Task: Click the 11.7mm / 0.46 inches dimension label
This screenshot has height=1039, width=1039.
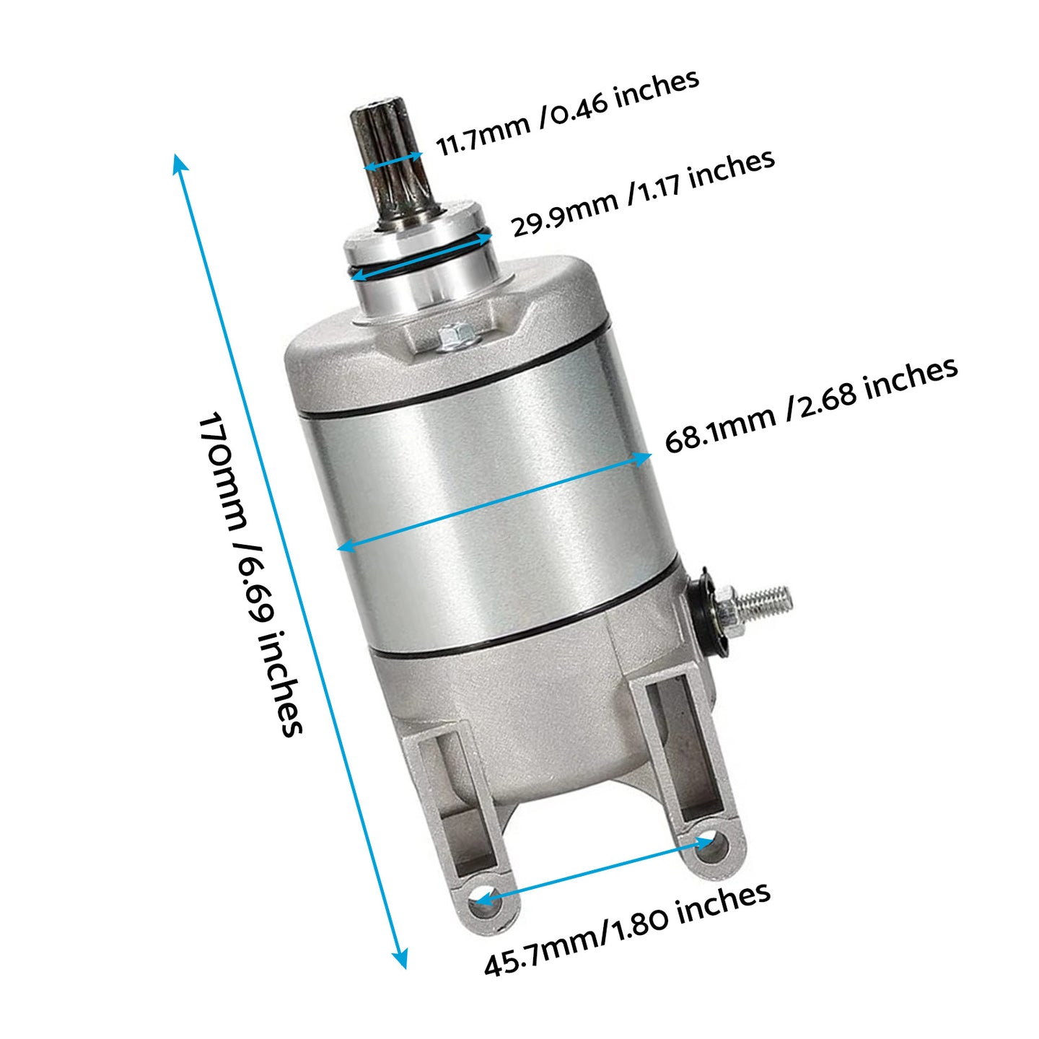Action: [567, 113]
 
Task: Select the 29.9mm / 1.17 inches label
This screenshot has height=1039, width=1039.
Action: [643, 193]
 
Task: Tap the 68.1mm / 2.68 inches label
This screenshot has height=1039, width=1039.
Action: [811, 405]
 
